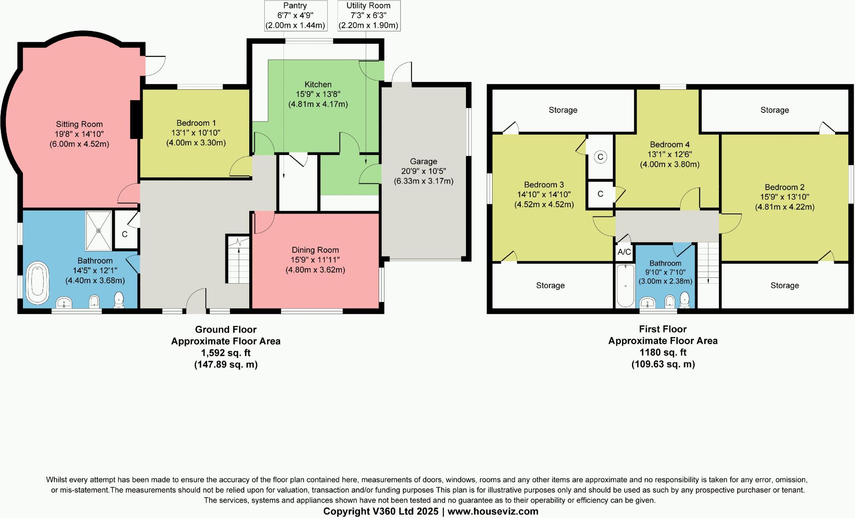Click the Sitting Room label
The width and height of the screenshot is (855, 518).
click(x=79, y=124)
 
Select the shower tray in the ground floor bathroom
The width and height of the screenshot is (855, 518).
click(x=99, y=231)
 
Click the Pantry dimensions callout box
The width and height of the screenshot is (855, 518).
click(x=295, y=16)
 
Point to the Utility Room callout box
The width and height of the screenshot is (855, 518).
click(x=368, y=16)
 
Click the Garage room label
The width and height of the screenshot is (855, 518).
click(x=423, y=161)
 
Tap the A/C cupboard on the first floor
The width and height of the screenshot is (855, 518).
click(x=624, y=252)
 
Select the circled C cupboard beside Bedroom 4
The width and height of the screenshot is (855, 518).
click(x=600, y=157)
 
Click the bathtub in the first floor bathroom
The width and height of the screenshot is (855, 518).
click(x=625, y=286)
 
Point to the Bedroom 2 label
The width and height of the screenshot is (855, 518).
click(x=784, y=187)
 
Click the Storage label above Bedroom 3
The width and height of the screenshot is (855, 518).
click(x=563, y=110)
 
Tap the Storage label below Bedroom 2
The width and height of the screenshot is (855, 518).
click(x=784, y=285)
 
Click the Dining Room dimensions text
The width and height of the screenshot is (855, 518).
click(x=315, y=265)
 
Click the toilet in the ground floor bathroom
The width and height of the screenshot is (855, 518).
click(x=119, y=300)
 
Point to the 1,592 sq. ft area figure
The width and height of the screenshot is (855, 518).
click(x=225, y=353)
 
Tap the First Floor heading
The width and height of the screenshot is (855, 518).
click(x=663, y=329)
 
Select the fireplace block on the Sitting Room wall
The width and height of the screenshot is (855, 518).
click(x=135, y=119)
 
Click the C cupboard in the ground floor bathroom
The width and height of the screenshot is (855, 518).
click(x=125, y=234)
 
